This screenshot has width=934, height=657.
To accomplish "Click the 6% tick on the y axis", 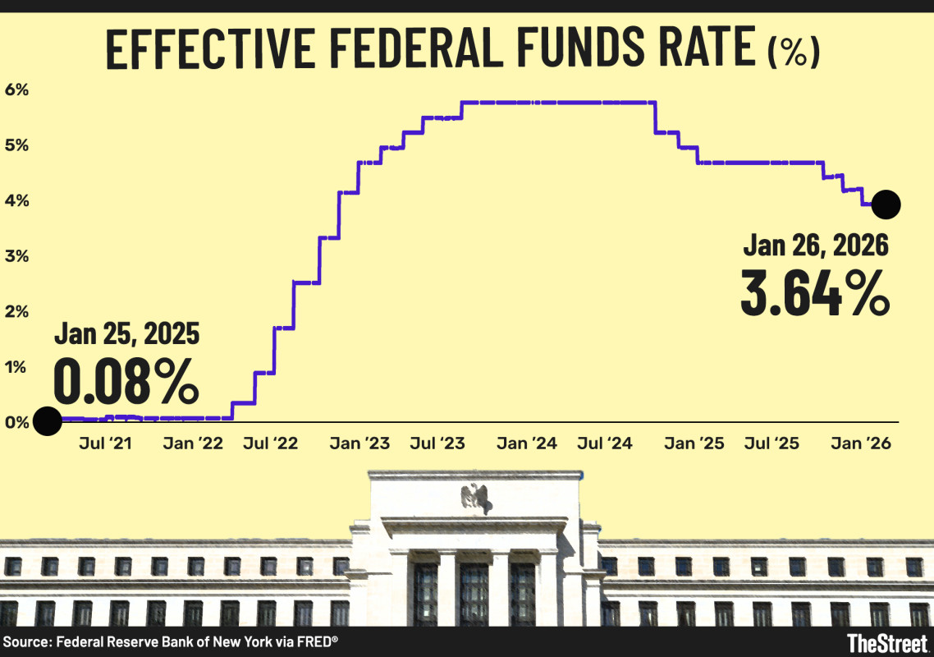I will click(x=16, y=90).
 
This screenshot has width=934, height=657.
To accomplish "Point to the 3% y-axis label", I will click(x=16, y=256).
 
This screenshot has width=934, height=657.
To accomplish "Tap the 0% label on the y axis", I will click(x=16, y=422).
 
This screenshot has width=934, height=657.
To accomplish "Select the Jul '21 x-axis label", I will click(x=107, y=443).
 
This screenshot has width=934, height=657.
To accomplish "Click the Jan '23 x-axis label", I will click(x=359, y=443).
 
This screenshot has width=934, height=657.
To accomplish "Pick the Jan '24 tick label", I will click(x=526, y=443).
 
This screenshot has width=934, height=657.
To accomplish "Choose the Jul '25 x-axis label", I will click(x=771, y=443).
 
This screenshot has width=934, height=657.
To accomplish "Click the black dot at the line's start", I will click(x=47, y=421).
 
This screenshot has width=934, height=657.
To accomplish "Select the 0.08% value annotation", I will click(x=126, y=379).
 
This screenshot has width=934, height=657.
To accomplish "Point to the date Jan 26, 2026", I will click(x=816, y=245).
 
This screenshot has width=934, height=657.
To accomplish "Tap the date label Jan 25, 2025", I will click(x=127, y=334).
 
